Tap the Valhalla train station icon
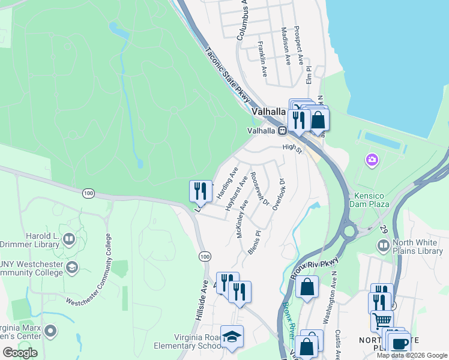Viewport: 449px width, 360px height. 281,130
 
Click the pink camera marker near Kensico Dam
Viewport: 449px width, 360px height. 372,160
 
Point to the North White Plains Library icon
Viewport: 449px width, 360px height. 383,246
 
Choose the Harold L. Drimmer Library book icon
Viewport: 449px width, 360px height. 69,241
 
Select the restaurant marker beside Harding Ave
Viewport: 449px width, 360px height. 200,191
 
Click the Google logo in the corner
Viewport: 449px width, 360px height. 20,353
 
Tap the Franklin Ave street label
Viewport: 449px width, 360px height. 262,58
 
